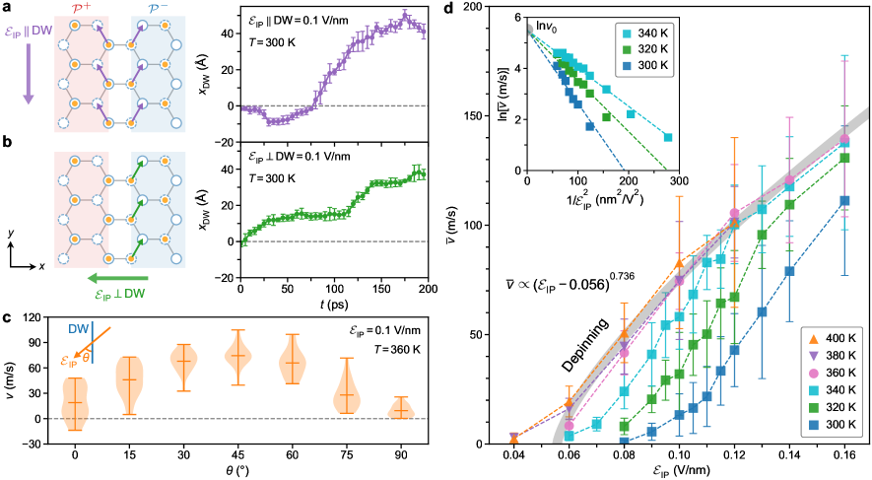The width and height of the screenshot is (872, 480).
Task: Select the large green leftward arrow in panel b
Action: point(107,279)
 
